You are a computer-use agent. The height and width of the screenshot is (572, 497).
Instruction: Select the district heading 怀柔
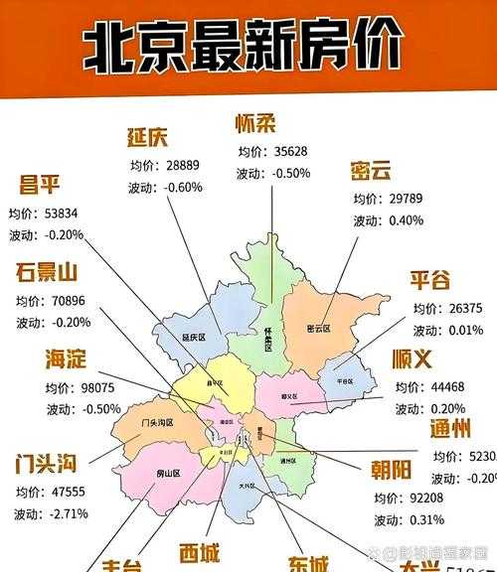coord(255,125)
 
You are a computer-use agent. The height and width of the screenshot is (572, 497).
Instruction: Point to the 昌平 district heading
coord(40,187)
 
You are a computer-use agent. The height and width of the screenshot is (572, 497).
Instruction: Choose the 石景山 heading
coord(47,273)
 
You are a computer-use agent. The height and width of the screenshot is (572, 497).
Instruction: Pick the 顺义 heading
coord(416,358)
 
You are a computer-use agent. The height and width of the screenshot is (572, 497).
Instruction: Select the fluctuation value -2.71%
coord(65,513)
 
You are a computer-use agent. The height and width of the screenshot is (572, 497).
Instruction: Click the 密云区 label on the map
coord(318,327)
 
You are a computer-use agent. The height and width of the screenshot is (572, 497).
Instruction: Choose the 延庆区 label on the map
coord(193,338)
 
